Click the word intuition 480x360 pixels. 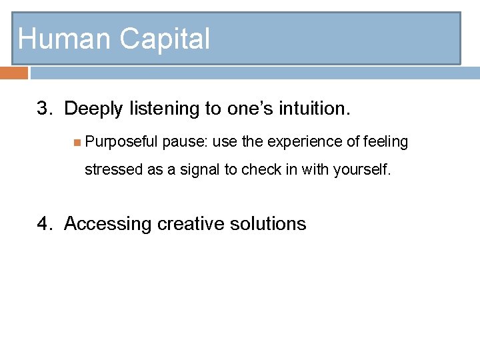[x=315, y=108]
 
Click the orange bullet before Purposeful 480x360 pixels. [x=77, y=141]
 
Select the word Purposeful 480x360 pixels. [x=121, y=142]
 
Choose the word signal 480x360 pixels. [x=196, y=169]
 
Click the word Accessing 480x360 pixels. [x=108, y=224]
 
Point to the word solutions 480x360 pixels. [x=268, y=224]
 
